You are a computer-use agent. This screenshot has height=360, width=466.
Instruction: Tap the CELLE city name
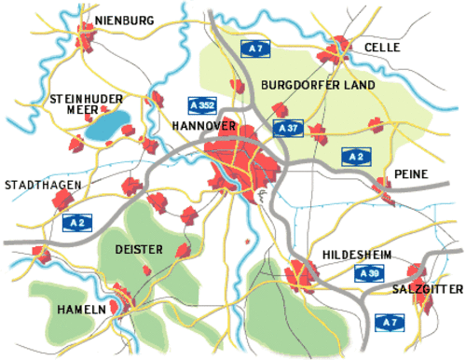point(381,47)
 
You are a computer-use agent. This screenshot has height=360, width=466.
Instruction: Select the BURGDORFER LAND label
point(318,85)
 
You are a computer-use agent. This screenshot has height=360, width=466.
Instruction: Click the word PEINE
point(410,174)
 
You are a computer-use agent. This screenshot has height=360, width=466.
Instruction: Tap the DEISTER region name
point(138,250)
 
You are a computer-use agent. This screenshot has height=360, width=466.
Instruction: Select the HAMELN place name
point(81,309)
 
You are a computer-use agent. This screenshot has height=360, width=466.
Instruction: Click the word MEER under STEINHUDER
point(72,110)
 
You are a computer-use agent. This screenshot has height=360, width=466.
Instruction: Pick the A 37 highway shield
point(287,126)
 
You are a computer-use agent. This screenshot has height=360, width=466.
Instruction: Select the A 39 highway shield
point(370,274)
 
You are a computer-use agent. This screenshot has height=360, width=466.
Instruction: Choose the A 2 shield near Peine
point(354,155)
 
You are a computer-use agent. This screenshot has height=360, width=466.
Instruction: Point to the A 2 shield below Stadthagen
point(77,223)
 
